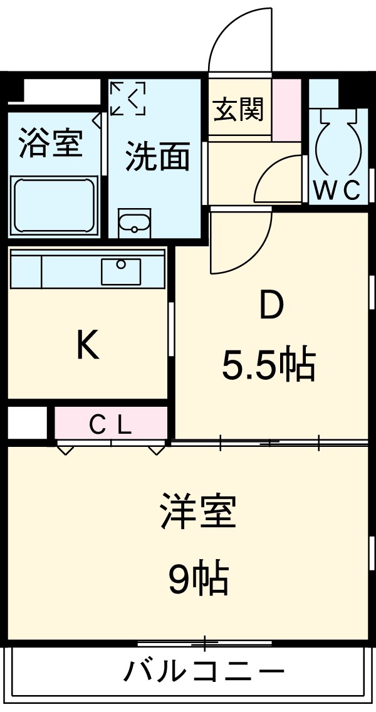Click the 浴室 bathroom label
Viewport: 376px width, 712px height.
[x=51, y=143]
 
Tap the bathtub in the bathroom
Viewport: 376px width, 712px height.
[x=54, y=205]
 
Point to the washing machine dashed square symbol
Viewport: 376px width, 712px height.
[x=128, y=98]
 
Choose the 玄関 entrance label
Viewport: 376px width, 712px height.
[x=239, y=111]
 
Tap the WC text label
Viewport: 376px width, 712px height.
[x=337, y=191]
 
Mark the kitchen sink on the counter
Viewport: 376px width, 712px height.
[x=122, y=271]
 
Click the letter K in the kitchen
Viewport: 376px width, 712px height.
[x=87, y=345]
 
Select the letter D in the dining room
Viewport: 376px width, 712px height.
[x=271, y=308]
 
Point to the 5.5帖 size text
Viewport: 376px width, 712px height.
[x=268, y=365]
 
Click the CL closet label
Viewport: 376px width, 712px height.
[x=110, y=426]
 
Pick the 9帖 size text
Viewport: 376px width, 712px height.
[x=198, y=579]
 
